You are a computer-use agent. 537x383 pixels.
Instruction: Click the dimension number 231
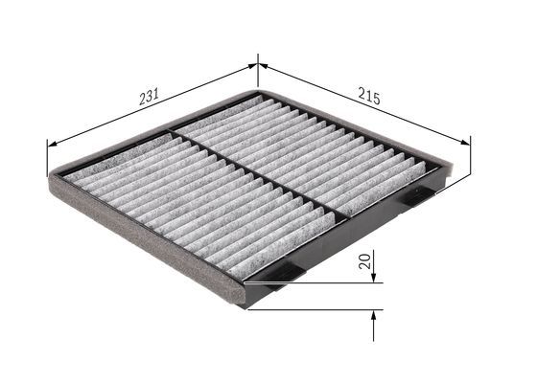[x=149, y=97]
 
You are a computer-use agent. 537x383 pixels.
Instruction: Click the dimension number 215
[x=369, y=98]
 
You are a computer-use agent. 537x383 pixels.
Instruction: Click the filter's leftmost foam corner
[x=50, y=181]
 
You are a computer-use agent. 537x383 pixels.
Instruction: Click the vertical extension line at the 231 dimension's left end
[x=47, y=158]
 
